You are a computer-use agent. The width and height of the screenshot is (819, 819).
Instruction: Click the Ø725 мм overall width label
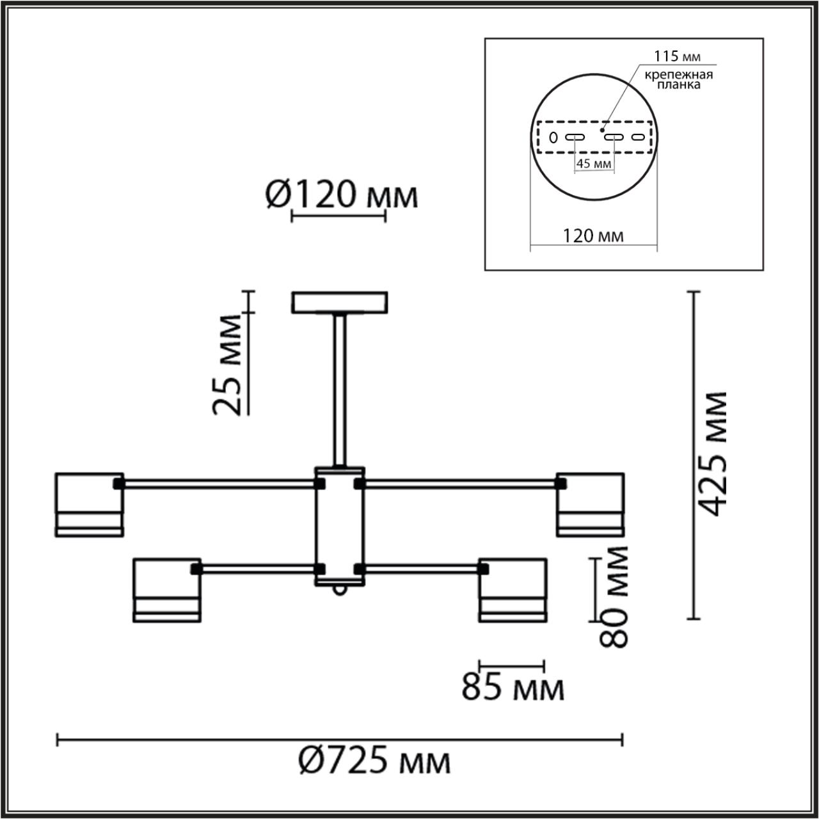374,761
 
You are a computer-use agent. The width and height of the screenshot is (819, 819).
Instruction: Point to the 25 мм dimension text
228,365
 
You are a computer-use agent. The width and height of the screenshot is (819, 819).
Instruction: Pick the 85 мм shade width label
513,689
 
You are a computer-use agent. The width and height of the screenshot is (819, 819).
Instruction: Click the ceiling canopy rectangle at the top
340,303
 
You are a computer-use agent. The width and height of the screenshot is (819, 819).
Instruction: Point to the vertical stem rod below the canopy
340,390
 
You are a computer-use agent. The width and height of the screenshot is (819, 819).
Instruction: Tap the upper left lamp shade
89,504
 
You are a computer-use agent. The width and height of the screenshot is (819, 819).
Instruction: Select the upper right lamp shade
590,504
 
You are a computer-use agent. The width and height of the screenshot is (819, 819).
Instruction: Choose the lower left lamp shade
167,589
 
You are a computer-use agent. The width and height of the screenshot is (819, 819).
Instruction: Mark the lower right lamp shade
513,589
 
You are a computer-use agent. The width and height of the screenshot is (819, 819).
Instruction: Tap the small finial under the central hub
340,591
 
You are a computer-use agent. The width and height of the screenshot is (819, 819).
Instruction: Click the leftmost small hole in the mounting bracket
553,137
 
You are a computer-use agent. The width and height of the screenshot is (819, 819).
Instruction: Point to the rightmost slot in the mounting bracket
637,137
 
